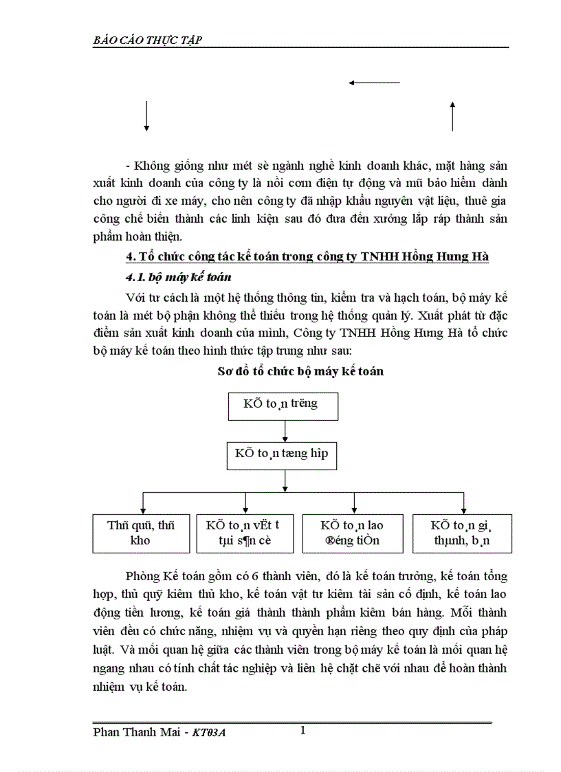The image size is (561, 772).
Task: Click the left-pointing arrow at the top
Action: [x=374, y=83]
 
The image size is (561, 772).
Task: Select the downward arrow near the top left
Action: [x=146, y=115]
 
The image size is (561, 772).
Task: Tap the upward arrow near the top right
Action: [x=452, y=115]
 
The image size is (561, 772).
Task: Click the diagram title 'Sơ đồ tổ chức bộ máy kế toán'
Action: [x=300, y=371]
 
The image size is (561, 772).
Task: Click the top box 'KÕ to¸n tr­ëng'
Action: [x=283, y=405]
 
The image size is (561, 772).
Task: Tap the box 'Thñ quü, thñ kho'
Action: [x=140, y=533]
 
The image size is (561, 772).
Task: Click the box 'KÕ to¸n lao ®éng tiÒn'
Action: [x=352, y=533]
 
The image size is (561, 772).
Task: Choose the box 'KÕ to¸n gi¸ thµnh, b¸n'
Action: [x=461, y=533]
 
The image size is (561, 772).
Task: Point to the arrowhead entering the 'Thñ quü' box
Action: [x=142, y=509]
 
